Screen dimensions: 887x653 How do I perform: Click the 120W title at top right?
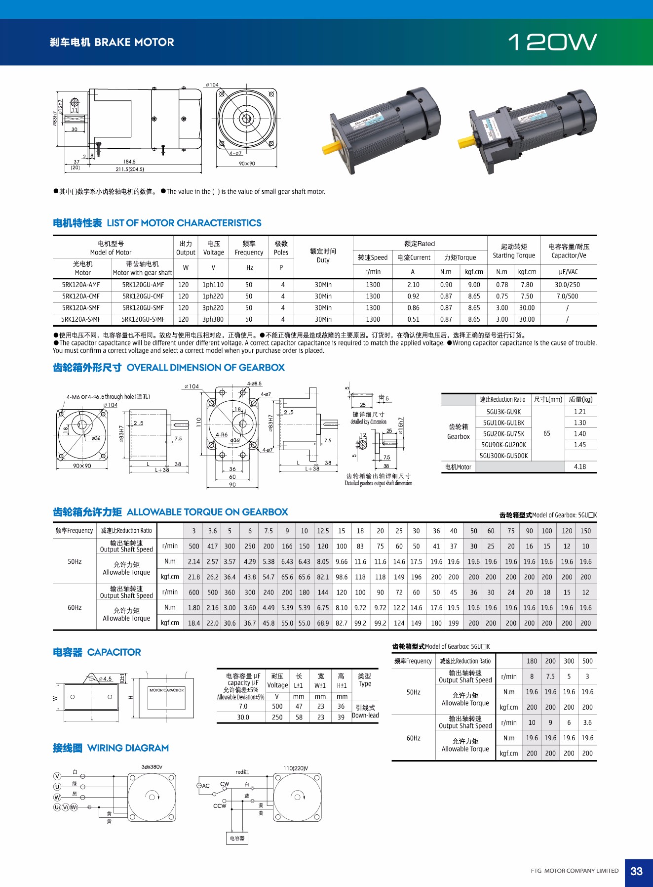click(552, 42)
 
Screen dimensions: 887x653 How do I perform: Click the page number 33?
click(636, 871)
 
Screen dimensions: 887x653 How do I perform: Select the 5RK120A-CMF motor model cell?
click(81, 296)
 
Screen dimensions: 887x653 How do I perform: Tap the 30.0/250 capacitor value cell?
click(567, 285)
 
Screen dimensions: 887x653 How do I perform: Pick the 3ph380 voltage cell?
click(213, 319)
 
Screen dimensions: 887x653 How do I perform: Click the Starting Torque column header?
click(514, 251)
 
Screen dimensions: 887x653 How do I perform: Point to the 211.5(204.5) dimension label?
click(130, 169)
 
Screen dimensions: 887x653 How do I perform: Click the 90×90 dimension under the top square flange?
click(247, 164)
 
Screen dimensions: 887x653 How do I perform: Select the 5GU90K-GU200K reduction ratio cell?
click(503, 445)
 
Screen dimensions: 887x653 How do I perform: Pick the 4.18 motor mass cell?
click(580, 466)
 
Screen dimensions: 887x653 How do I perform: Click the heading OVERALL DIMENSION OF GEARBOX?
click(205, 368)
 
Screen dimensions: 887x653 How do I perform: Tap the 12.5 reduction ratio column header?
click(323, 531)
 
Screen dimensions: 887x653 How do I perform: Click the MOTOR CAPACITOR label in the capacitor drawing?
click(166, 690)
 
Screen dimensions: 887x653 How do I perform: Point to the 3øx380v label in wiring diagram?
click(152, 767)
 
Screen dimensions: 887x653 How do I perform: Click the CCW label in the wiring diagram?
click(220, 806)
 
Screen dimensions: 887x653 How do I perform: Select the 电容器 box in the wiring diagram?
click(237, 838)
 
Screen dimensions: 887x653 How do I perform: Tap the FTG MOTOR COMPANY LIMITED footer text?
click(575, 871)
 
